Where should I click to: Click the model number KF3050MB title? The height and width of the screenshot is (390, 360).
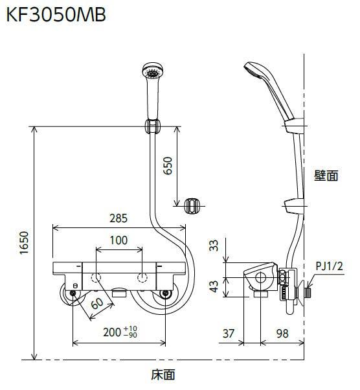click(56, 15)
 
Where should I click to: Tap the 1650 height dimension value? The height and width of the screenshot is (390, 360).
click(25, 243)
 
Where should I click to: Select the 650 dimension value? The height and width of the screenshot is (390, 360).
click(168, 166)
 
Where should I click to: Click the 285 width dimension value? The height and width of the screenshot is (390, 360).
click(118, 218)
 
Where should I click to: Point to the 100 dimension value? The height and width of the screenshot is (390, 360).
click(119, 240)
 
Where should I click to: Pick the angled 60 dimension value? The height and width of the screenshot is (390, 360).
click(97, 303)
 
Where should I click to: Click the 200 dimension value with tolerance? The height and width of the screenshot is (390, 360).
click(120, 332)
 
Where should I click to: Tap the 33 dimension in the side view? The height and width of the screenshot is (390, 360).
click(214, 246)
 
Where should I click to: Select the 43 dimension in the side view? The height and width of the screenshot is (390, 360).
click(214, 286)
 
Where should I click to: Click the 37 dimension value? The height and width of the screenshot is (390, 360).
click(229, 334)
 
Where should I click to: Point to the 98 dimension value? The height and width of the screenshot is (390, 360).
click(282, 334)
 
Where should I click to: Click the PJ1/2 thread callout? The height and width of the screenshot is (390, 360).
click(329, 266)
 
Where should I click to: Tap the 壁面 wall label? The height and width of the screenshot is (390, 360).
click(326, 176)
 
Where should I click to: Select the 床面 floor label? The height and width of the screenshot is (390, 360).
click(163, 374)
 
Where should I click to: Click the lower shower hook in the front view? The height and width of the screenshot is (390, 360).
click(192, 206)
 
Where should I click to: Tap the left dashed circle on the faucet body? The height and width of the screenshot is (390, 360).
click(96, 277)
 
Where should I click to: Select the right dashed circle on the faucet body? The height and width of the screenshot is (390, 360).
click(142, 277)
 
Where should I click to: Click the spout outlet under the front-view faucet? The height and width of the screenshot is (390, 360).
click(120, 292)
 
